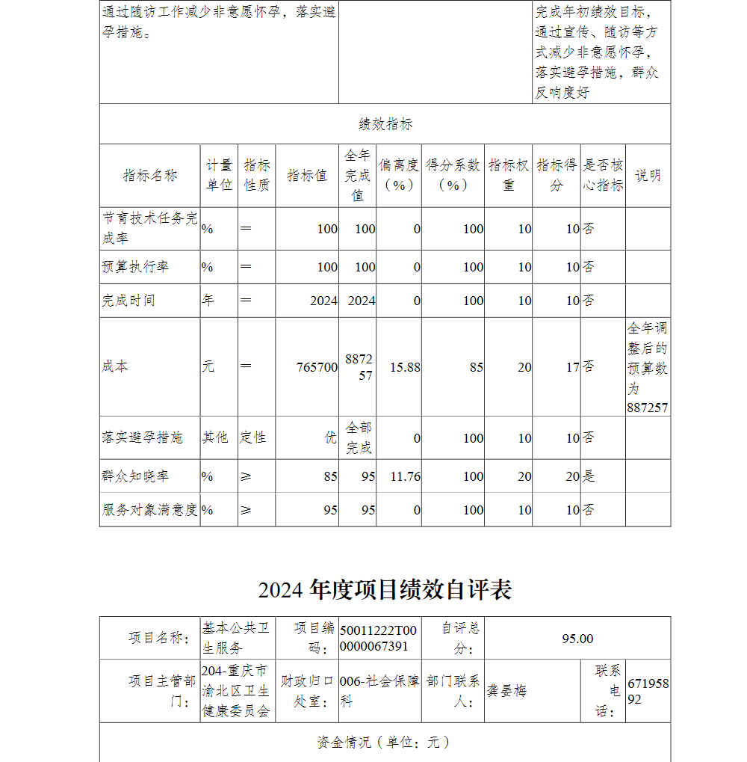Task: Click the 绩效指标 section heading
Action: point(385,124)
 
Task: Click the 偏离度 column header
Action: point(398,175)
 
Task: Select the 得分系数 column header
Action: point(453,175)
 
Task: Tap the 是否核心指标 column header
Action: point(603,175)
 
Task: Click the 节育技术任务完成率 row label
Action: point(149,228)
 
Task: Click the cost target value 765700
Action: point(317,367)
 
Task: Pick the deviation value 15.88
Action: point(405,367)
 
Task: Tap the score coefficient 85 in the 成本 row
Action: point(476,367)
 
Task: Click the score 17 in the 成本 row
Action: point(572,367)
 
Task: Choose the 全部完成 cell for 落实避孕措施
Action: point(359,437)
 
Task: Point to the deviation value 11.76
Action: point(405,476)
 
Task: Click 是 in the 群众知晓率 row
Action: point(589,476)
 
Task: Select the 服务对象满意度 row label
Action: point(149,510)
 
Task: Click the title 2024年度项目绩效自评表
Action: point(385,590)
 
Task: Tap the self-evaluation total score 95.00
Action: point(577,638)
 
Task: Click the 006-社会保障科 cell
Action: point(379,691)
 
